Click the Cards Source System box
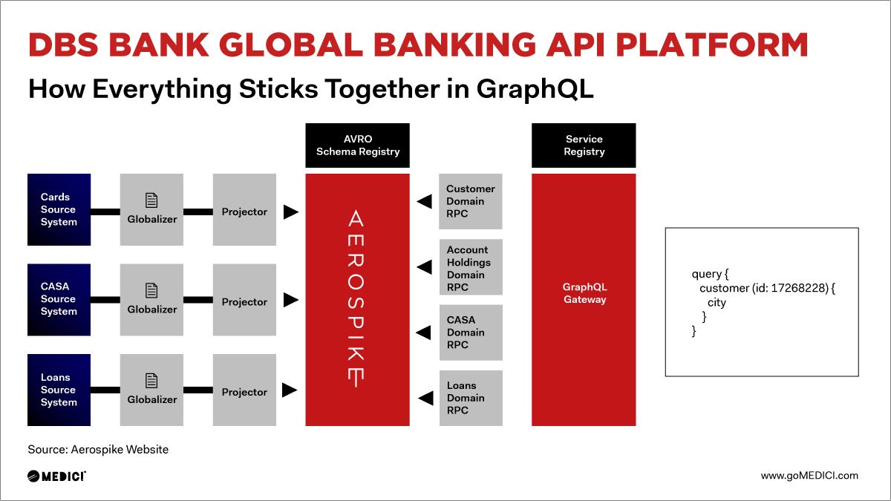pos(59,209)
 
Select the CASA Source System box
pos(59,300)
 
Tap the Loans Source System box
pos(59,390)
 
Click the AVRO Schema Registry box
pos(357,145)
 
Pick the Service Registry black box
pos(584,145)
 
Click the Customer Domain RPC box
pos(471,201)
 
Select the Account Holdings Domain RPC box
pos(471,267)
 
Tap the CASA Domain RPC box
pos(471,333)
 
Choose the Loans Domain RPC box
pos(471,398)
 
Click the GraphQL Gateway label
pos(585,293)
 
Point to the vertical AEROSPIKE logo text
pos(356,298)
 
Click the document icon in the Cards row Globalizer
pos(151,200)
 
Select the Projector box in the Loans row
pos(244,390)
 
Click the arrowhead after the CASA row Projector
pos(291,300)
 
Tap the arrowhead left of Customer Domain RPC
pos(425,201)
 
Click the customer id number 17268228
pos(799,288)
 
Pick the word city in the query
pos(717,303)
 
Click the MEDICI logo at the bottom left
pos(56,476)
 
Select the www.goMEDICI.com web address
pos(809,476)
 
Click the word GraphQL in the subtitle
pos(535,89)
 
